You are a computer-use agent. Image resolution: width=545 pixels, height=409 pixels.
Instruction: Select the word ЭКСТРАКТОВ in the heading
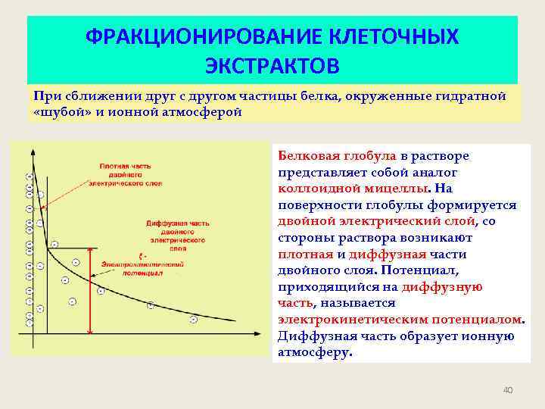click(x=272, y=65)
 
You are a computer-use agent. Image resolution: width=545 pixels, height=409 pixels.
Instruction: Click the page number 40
click(x=508, y=390)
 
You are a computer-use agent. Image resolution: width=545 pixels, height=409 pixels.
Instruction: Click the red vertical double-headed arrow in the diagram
click(x=89, y=292)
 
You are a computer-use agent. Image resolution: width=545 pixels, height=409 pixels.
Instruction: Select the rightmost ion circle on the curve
click(x=194, y=320)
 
